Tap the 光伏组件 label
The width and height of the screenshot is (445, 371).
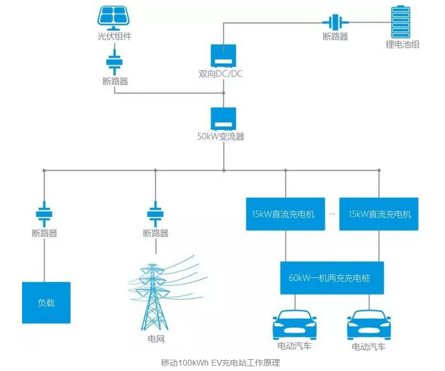(114, 36)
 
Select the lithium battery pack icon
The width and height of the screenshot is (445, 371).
(399, 21)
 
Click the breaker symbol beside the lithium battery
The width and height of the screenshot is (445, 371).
(334, 23)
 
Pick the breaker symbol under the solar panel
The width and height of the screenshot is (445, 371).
(114, 61)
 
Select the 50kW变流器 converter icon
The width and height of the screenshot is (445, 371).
(223, 119)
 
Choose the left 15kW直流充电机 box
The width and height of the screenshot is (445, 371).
(285, 214)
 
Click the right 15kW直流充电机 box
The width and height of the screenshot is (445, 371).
(379, 214)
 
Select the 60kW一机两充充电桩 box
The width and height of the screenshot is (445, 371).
(332, 278)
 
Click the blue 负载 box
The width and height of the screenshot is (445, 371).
(46, 303)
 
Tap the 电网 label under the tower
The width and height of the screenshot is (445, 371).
(155, 339)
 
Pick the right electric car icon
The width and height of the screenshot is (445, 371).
(368, 323)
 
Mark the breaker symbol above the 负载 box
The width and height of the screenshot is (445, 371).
(44, 213)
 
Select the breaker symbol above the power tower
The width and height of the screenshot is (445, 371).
(155, 213)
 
